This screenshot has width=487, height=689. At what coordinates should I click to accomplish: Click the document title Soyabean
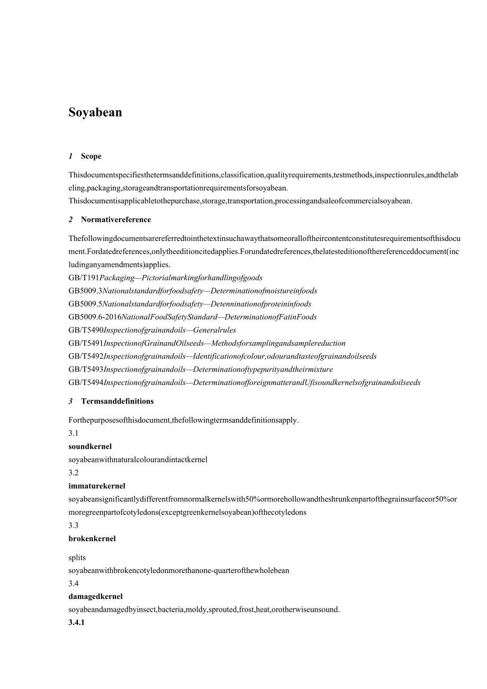(95, 112)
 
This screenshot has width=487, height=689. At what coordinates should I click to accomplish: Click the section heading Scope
(91, 156)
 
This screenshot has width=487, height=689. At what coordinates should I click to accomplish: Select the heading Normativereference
(116, 220)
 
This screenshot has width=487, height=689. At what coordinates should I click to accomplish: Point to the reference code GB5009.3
(85, 291)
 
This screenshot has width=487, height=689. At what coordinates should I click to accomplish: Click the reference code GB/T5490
(86, 330)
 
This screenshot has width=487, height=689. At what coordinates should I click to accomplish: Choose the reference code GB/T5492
(86, 356)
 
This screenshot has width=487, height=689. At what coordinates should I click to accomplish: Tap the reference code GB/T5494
(86, 382)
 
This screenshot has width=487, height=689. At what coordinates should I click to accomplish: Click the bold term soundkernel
(90, 446)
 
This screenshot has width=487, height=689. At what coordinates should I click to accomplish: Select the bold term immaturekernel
(97, 486)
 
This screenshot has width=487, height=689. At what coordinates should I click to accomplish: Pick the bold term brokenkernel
(92, 539)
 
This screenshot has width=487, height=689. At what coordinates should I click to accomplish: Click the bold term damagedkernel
(95, 596)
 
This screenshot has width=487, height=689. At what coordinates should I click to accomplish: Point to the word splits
(77, 558)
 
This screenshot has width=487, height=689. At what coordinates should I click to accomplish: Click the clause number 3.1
(74, 433)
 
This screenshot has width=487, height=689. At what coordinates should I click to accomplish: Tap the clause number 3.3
(74, 525)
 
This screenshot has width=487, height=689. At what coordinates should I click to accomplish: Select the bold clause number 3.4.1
(76, 623)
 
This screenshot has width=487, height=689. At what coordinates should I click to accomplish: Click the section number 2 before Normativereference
(71, 220)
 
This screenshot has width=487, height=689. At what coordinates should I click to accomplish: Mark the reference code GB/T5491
(86, 343)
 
